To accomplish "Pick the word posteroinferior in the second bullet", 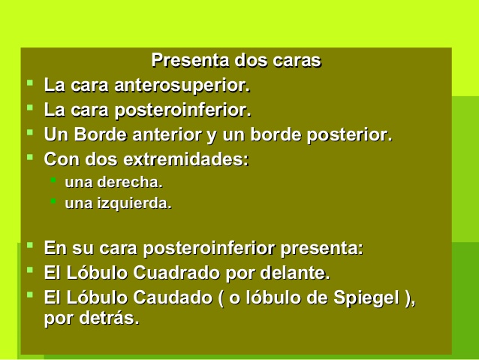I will [x=182, y=110].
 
